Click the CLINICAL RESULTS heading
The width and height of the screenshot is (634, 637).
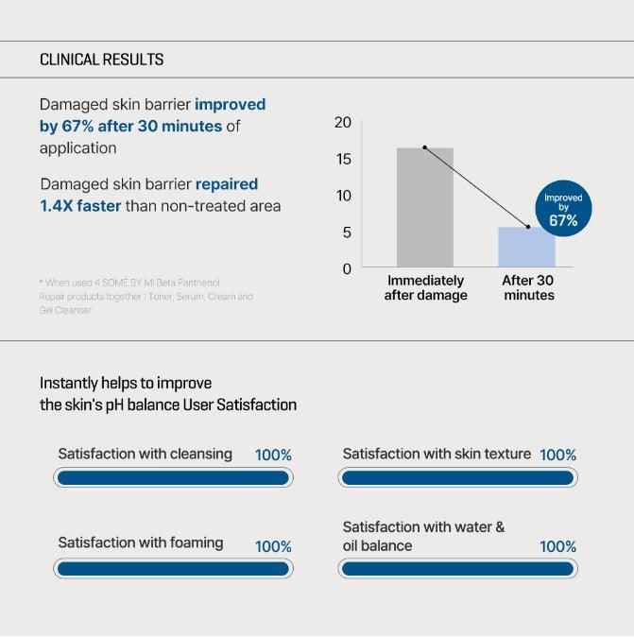pos(101,60)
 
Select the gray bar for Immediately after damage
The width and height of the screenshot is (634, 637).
pos(424,208)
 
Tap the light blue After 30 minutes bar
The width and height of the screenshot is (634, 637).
pos(526,248)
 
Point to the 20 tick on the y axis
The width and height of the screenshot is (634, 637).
pos(342,123)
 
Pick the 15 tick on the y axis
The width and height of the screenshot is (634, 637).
pos(342,159)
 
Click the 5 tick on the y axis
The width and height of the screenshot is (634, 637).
pos(346,232)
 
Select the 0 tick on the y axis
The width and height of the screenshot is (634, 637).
pos(347,269)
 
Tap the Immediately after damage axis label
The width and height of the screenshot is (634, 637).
pos(425,288)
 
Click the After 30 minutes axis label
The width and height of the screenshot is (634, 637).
pos(528,288)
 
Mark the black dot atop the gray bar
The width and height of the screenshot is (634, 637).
pos(424,147)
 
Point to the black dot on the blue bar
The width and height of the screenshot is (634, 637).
pos(527,227)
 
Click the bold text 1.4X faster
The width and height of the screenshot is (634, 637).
pos(80,206)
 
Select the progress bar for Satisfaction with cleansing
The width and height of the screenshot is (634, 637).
pos(173,478)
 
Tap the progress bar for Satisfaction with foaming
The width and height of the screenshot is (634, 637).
pos(173,569)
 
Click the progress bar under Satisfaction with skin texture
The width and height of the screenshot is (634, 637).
pos(457,478)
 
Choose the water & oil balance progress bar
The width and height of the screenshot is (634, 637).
pos(457,569)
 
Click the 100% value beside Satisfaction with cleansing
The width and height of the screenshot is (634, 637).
pos(273,456)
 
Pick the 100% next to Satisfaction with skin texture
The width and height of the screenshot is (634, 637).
pos(557,456)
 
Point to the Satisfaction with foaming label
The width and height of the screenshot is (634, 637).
pos(141,543)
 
